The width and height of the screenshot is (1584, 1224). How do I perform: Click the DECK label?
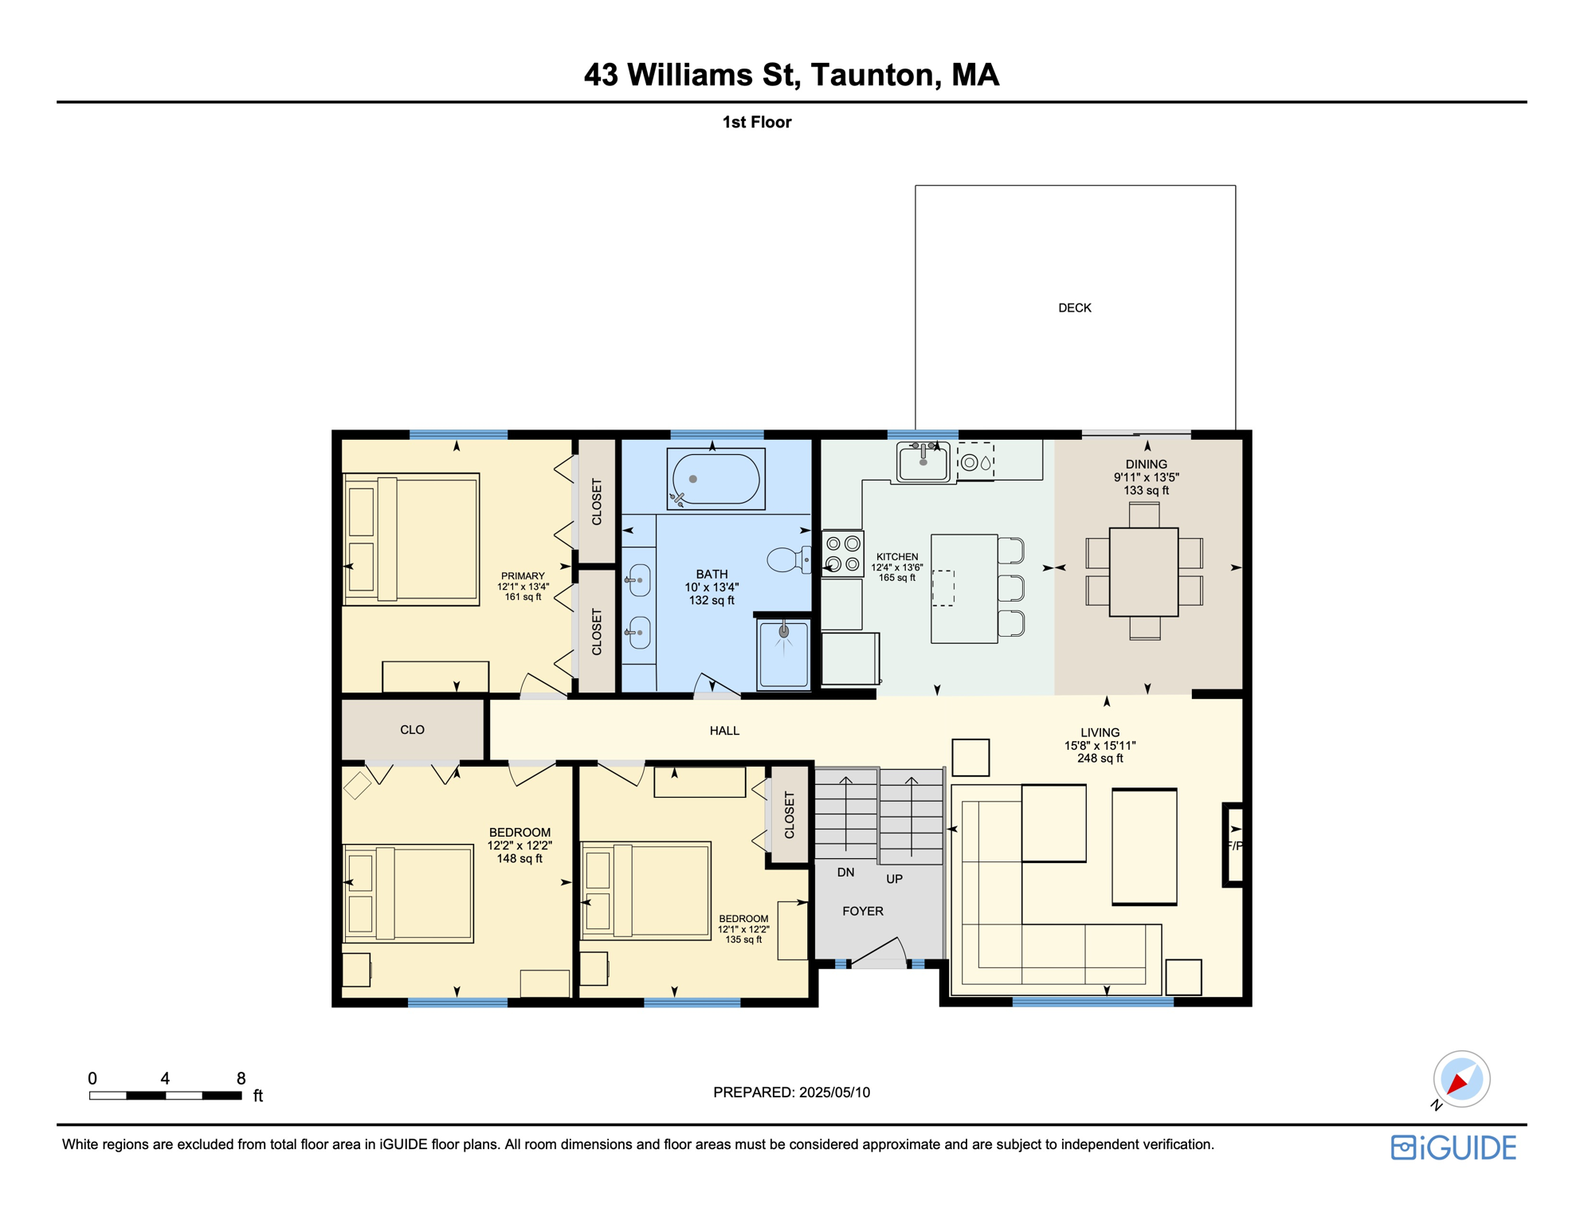point(1074,308)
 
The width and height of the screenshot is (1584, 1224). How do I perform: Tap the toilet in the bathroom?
point(787,559)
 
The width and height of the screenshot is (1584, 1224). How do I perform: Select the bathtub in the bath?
point(716,479)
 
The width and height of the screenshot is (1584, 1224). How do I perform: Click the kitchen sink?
point(923,461)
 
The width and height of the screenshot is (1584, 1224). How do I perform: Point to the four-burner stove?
point(842,553)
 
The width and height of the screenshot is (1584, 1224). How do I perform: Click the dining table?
point(1143,571)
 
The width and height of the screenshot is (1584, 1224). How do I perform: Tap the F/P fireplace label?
point(1234,845)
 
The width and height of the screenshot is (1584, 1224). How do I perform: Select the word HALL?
point(724,730)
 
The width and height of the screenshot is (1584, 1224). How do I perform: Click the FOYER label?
point(862,911)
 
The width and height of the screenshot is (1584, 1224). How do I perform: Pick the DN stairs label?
point(845,873)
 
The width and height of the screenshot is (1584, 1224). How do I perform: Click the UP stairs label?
point(894,879)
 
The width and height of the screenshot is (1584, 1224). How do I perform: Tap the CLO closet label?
point(412,729)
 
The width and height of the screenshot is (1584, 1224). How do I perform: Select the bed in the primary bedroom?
point(411,539)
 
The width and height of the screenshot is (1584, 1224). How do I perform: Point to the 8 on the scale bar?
point(241,1078)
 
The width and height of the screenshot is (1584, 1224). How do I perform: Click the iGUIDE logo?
point(1453,1147)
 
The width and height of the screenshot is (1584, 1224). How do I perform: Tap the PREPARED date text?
point(791,1092)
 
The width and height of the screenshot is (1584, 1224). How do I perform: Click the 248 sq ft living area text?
point(1100,758)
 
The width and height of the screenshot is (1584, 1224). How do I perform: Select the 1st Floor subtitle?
point(756,122)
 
